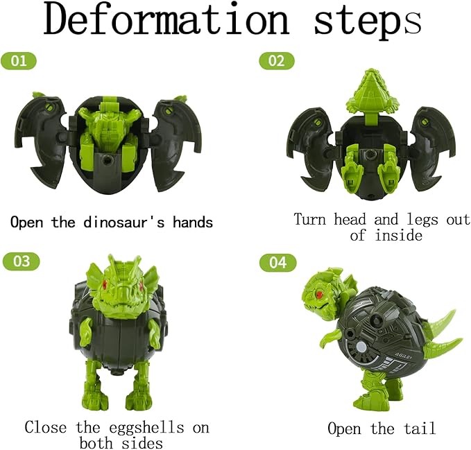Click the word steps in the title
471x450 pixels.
pyautogui.click(x=368, y=20)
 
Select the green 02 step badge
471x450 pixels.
pyautogui.click(x=276, y=60)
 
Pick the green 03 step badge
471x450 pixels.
pyautogui.click(x=22, y=261)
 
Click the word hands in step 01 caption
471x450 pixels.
pyautogui.click(x=189, y=223)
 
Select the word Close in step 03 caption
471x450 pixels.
pyautogui.click(x=47, y=427)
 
